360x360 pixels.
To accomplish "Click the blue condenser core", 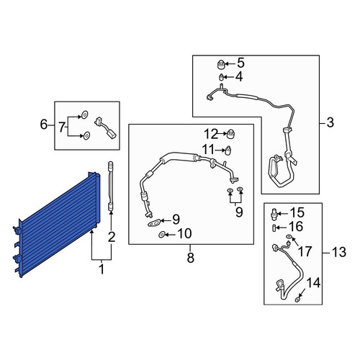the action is pos(58,225).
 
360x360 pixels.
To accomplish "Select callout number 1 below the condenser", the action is pos(102,269).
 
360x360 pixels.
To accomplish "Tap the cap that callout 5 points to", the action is pos(220,65).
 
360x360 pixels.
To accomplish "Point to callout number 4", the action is pos(239,77).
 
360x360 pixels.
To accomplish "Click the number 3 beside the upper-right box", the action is pos(330,122).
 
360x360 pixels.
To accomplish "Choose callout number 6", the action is pos(44,125).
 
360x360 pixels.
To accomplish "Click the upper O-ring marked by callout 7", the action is pos(84,114).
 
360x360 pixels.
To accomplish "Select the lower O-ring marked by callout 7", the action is pos(86,136).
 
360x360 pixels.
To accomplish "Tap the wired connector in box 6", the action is pos(106,128).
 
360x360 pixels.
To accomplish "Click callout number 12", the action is pos(210,134).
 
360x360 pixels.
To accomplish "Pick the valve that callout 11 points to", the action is pos(228,150).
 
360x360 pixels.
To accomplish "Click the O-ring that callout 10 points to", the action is pos(161,235).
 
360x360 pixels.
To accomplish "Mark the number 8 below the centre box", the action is pos(190,258).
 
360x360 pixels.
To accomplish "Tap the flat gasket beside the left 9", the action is pos(153,224).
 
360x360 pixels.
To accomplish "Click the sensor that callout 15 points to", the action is pos(274,212).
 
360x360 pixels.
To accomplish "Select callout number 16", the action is pos(297,226).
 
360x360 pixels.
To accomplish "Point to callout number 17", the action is pos(305,251).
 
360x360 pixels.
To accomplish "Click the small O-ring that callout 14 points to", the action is pos(297,300).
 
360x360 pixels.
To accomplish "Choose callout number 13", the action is pos(339,252).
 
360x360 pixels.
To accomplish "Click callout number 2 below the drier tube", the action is pos(112,237).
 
